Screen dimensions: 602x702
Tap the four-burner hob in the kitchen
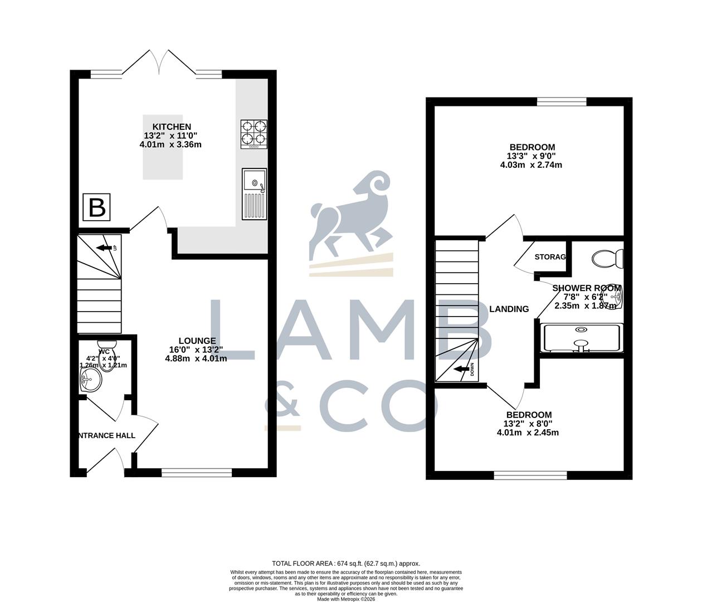[x=253, y=134]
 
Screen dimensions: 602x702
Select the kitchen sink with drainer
[x=255, y=193]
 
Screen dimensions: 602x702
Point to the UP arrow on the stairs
[x=104, y=247]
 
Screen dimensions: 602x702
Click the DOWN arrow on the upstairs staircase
[x=462, y=369]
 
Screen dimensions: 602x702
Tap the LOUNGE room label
[x=197, y=341]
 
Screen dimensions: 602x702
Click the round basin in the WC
[x=90, y=381]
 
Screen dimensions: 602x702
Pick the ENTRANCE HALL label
[x=106, y=435]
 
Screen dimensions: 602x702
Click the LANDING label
[x=509, y=309]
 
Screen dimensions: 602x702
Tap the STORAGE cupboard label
[x=550, y=257]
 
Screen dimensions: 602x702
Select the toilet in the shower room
[x=607, y=259]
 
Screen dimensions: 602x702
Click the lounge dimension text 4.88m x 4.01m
[x=196, y=358]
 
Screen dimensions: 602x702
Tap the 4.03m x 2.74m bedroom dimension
[x=531, y=165]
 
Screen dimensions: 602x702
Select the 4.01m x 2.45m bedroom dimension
[x=528, y=432]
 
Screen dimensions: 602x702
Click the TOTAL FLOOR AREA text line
[x=345, y=564]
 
